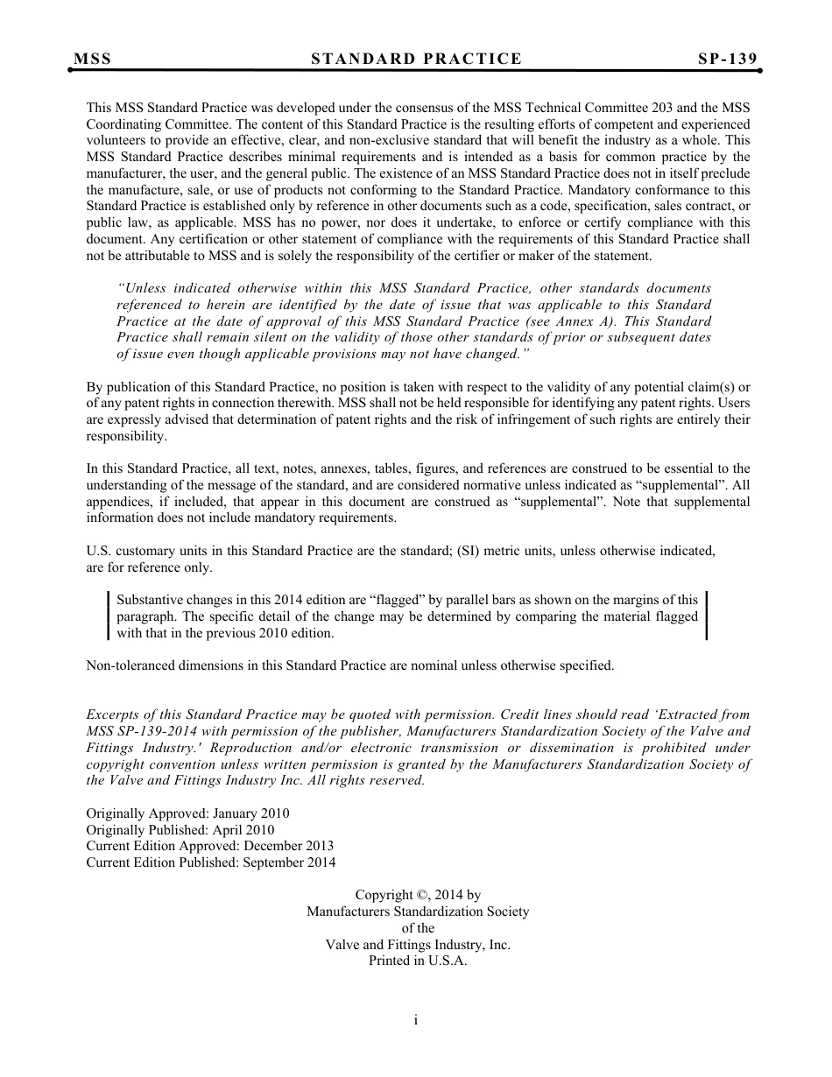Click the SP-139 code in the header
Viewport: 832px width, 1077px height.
tap(727, 60)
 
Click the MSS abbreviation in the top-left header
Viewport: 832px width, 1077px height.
tap(93, 60)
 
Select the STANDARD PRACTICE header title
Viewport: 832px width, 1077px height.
tap(416, 60)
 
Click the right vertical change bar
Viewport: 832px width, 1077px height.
tap(706, 616)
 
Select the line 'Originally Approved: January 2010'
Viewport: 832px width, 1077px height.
tap(187, 813)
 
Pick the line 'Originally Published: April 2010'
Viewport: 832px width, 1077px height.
tap(180, 830)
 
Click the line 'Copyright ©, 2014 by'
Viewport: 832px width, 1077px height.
tap(418, 895)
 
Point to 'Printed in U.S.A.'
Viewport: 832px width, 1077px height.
tap(418, 961)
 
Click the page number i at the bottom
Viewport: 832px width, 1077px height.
tap(416, 1020)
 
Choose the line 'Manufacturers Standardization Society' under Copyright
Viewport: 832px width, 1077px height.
tap(418, 912)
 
